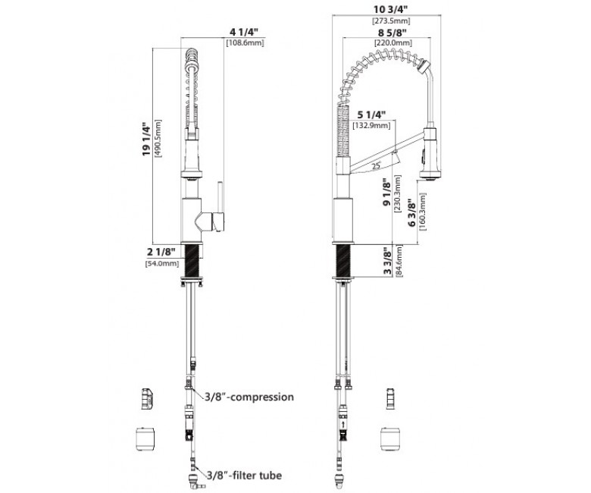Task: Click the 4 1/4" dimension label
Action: pos(244,32)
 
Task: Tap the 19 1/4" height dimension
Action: pos(146,138)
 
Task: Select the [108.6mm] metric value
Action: pos(245,42)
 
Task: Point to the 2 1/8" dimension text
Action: pos(161,252)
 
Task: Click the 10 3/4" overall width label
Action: pos(391,10)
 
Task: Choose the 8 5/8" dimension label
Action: pos(392,33)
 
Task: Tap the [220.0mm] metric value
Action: pos(392,43)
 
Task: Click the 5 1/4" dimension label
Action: pos(371,115)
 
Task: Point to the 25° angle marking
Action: pos(376,165)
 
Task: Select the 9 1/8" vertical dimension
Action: pos(387,193)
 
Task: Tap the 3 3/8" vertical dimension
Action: pos(387,261)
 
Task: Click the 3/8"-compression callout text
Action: pos(249,397)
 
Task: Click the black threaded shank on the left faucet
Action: pos(192,261)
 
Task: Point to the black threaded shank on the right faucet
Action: pos(343,261)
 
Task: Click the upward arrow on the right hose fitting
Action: pos(343,425)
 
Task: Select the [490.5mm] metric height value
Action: pos(158,138)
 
